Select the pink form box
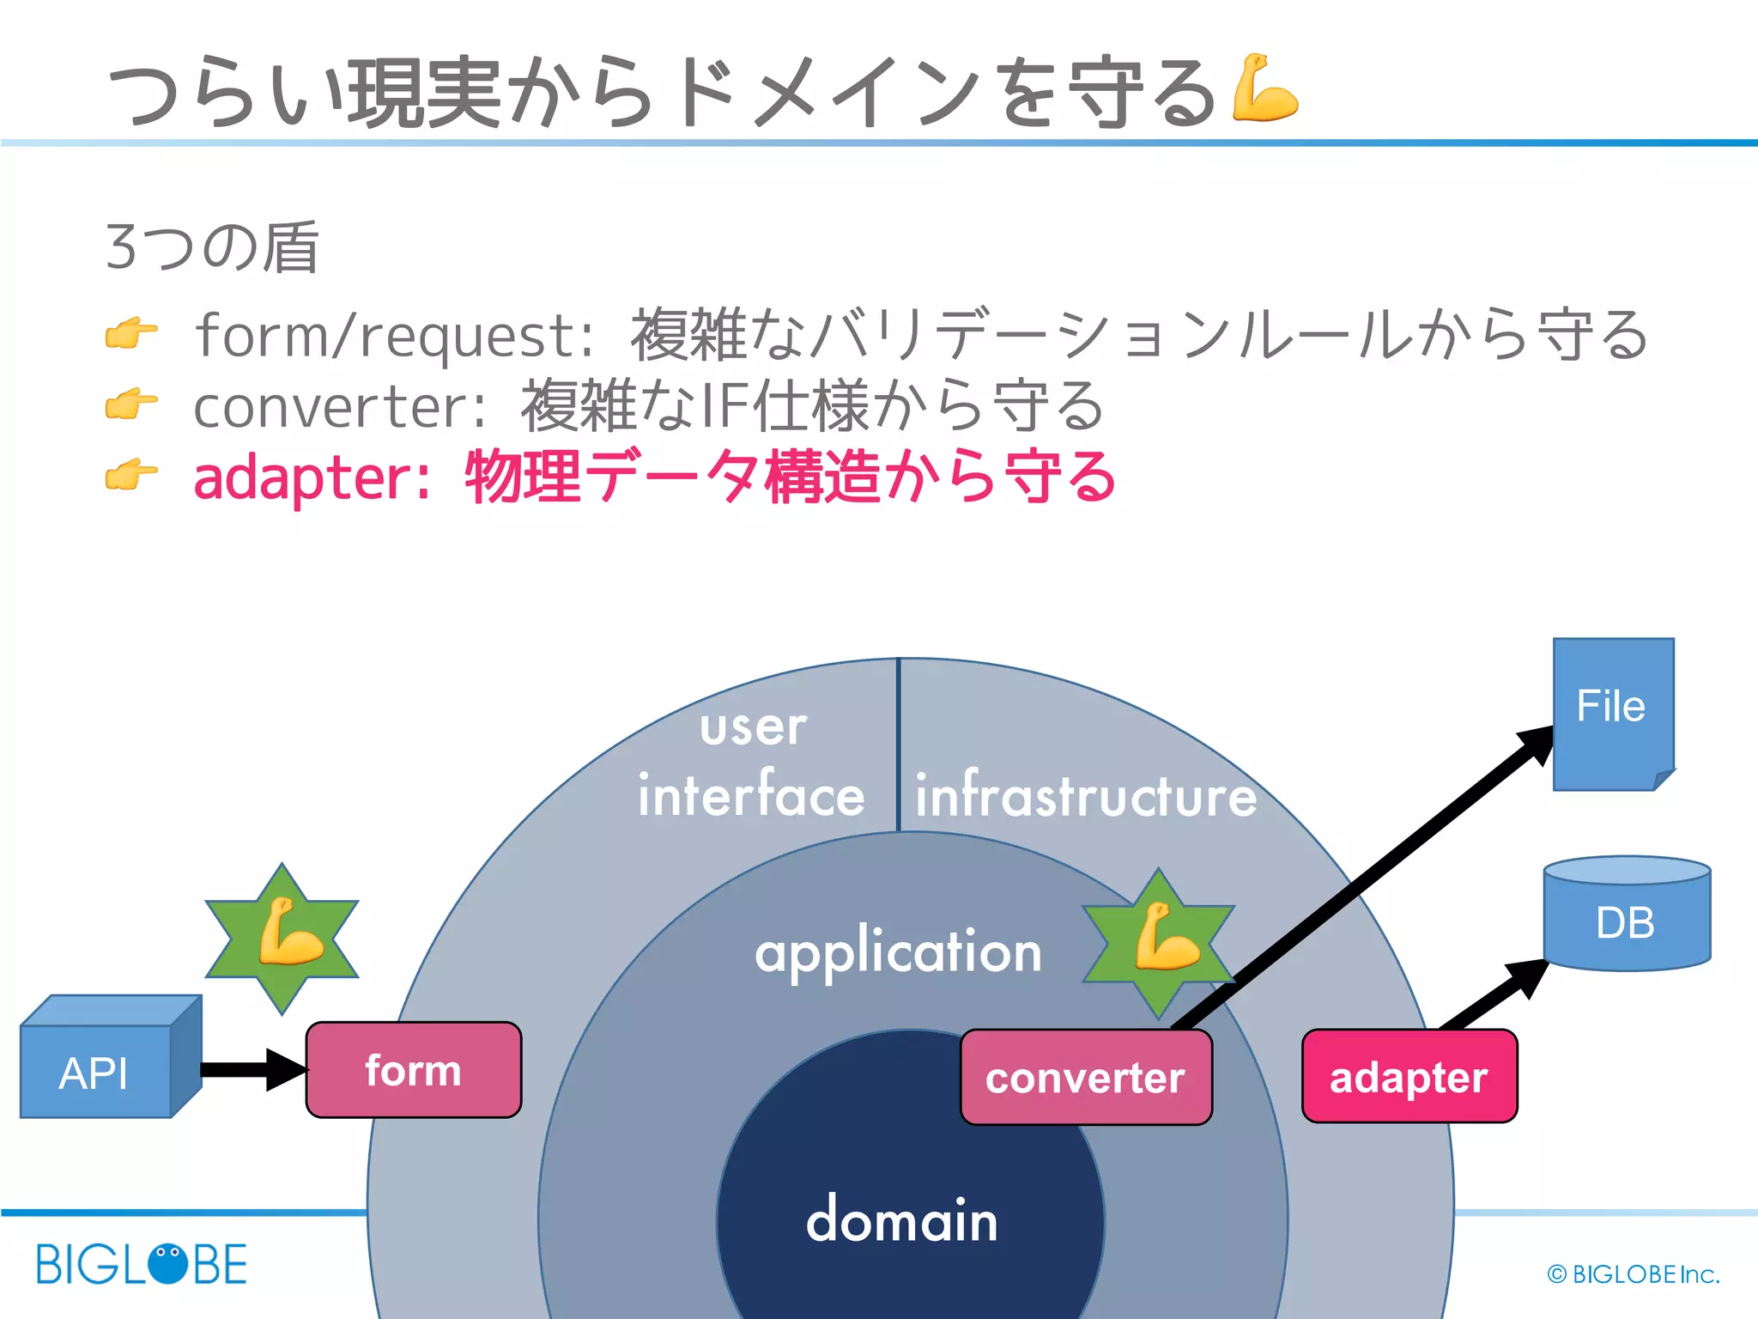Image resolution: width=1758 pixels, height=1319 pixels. tap(413, 1070)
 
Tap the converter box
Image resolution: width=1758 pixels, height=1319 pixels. tap(1085, 1078)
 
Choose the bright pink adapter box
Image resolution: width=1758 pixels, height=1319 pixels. tap(1409, 1077)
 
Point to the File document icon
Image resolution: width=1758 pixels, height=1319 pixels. tap(1611, 712)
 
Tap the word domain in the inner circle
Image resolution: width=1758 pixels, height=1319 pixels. tap(902, 1219)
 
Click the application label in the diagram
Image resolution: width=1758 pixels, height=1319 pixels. tap(898, 953)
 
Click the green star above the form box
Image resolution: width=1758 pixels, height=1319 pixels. tap(282, 939)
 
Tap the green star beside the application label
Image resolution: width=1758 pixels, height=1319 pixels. tap(1159, 942)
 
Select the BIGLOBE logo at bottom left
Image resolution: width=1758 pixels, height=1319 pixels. tap(142, 1264)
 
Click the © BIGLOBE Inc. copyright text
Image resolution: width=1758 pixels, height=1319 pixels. tap(1633, 1274)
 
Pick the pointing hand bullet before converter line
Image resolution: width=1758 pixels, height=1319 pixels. tap(130, 404)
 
